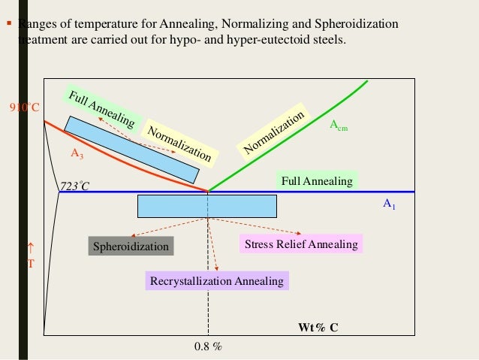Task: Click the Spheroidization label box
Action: coord(131,247)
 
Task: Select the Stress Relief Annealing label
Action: coord(300,244)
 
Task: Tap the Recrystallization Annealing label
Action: coord(217,281)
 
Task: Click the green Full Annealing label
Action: coord(316,181)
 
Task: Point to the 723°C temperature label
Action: coord(74,186)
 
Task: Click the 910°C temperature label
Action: coord(24,107)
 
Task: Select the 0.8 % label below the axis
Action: coord(208,346)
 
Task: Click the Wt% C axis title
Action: coord(318,328)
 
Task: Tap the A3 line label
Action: coord(77,153)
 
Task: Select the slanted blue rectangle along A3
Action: coord(131,150)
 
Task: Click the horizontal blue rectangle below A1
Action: coord(207,205)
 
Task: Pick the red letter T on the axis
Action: coord(31,264)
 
